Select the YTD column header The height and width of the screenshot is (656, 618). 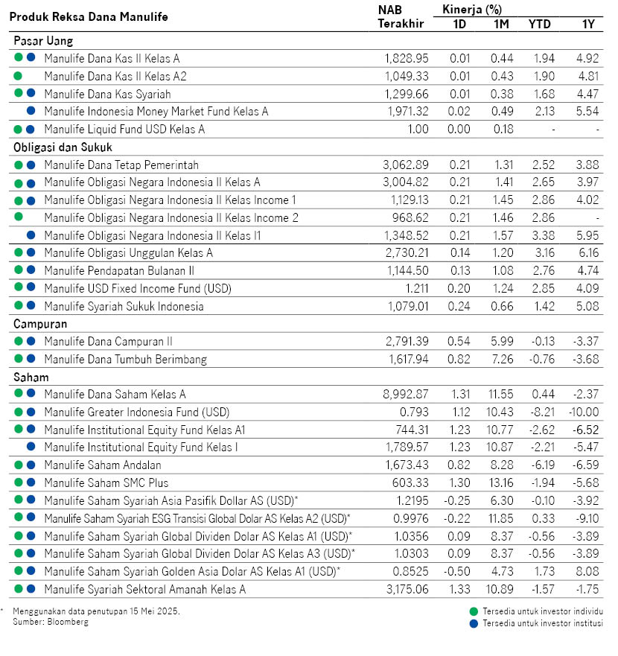539,24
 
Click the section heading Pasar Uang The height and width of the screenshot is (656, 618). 43,41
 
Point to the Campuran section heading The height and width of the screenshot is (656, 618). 41,325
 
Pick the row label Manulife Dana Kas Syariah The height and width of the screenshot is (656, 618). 107,94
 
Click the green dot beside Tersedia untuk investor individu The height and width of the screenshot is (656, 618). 474,611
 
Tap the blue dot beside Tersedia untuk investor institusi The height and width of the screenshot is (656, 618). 474,623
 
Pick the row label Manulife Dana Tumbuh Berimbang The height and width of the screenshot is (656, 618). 125,360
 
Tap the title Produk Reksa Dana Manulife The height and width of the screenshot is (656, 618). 89,16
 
